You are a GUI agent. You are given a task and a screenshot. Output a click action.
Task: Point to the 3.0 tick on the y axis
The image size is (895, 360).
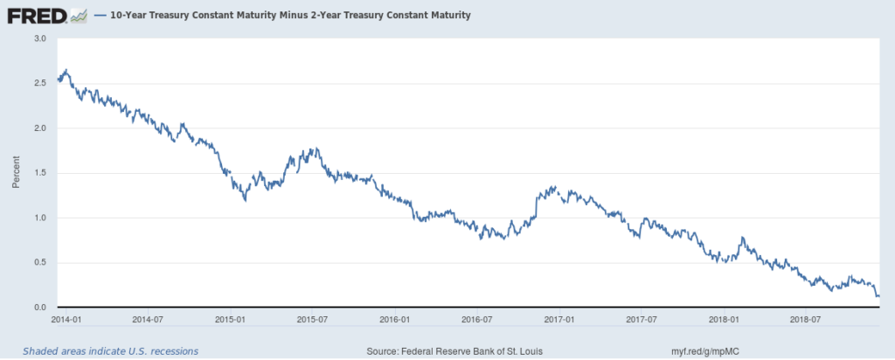pos(40,38)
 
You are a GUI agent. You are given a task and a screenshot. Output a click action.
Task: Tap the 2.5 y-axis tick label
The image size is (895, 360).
pos(40,83)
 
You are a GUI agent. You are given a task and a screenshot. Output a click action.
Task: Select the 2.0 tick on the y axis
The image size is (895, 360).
pos(40,128)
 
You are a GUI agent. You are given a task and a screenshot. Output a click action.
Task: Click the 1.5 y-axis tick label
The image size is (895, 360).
pos(40,173)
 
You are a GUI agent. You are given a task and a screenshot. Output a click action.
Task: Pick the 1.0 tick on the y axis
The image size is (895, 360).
pos(40,218)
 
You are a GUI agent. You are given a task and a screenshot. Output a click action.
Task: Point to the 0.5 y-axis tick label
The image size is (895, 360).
pos(40,263)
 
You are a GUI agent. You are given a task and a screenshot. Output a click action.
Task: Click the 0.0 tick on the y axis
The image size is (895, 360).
pos(40,308)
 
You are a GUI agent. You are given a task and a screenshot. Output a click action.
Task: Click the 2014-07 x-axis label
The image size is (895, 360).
pos(146,320)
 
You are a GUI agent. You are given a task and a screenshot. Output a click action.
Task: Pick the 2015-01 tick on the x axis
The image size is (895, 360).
pos(229,320)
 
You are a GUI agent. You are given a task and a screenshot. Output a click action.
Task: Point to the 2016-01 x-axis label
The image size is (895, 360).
pos(395,320)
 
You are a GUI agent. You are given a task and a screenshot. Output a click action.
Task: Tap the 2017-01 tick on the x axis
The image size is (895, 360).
pos(561,320)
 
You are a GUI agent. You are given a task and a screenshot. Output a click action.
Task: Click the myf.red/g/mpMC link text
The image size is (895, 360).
pos(704,351)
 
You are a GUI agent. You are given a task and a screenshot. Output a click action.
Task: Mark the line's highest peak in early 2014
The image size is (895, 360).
pos(66,70)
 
